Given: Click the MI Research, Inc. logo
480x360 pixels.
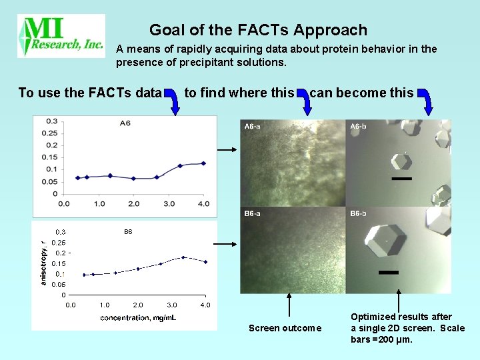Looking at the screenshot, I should [61, 36].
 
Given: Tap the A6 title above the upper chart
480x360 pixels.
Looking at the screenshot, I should [125, 122].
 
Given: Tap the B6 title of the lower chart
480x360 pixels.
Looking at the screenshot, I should [128, 232].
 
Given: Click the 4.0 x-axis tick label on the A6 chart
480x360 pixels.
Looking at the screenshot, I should [204, 203].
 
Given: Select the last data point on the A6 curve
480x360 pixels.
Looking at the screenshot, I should [203, 163].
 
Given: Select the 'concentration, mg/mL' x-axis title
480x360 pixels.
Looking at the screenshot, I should [138, 317].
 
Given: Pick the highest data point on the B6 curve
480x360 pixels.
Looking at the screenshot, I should [183, 257].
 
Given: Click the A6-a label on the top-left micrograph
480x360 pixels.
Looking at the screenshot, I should [253, 126].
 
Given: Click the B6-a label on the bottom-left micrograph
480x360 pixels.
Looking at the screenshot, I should [253, 213].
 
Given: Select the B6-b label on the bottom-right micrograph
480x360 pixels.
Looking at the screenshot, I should [359, 213].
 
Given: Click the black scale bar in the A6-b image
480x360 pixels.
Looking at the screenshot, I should [402, 179].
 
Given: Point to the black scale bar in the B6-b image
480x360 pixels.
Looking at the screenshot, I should [388, 272].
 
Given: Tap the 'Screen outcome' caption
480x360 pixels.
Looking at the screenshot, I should [285, 328].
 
